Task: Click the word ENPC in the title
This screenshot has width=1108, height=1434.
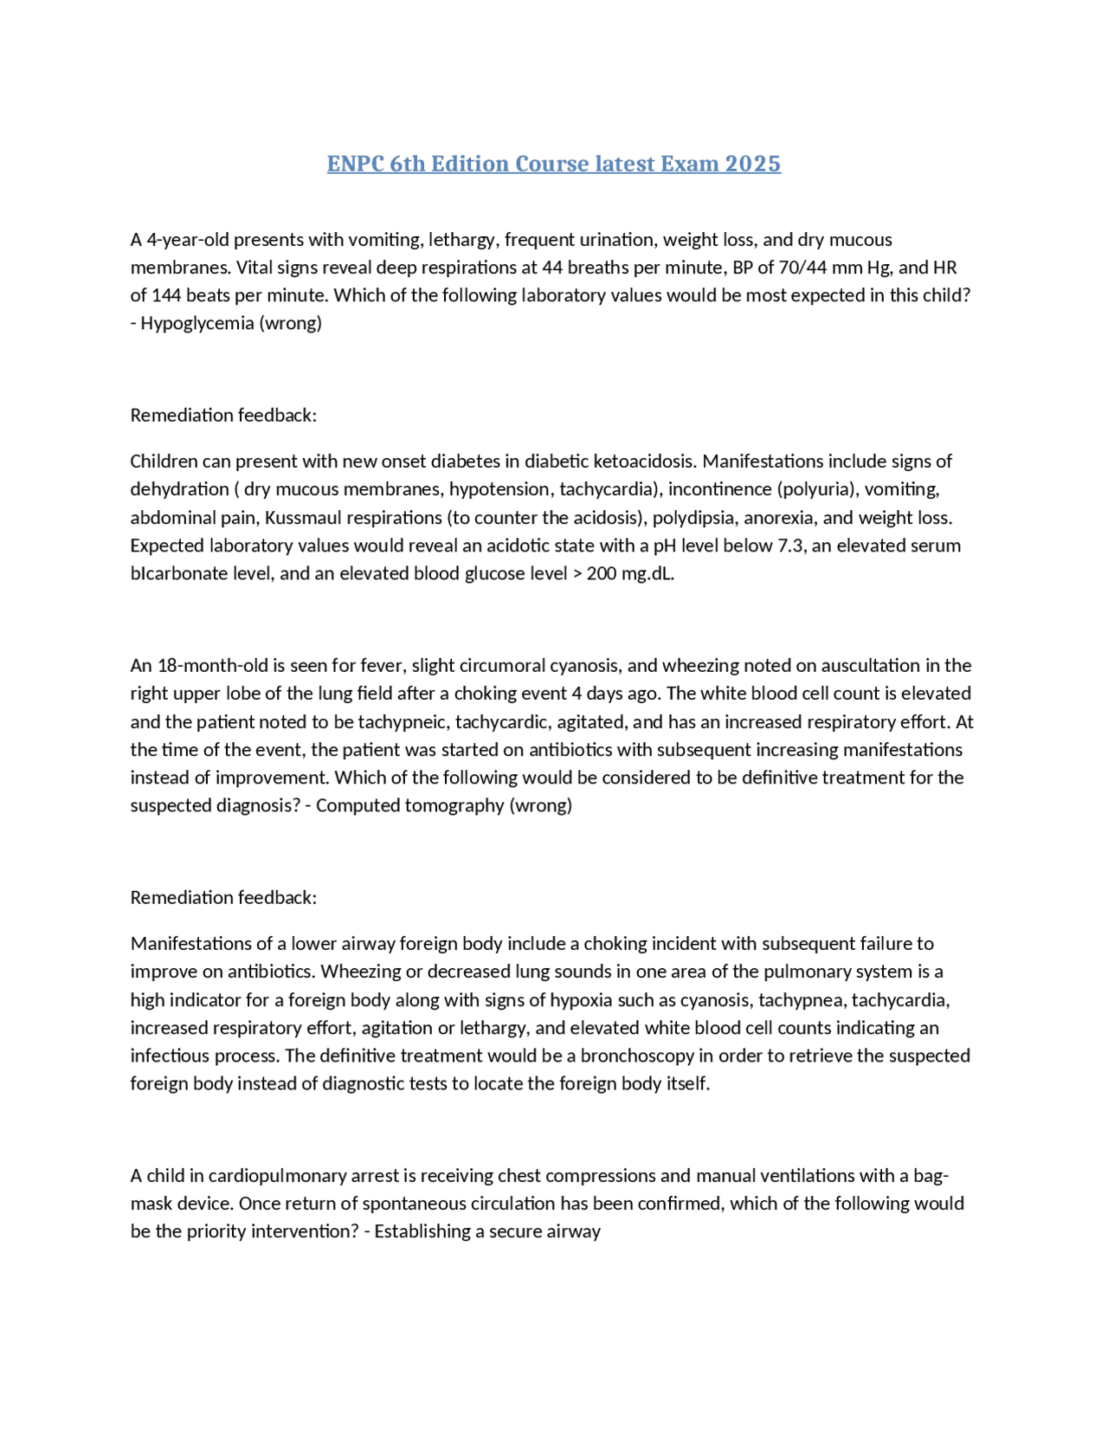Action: click(x=355, y=164)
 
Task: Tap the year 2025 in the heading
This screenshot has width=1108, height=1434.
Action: click(x=752, y=164)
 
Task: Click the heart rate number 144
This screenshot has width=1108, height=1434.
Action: click(x=166, y=295)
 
